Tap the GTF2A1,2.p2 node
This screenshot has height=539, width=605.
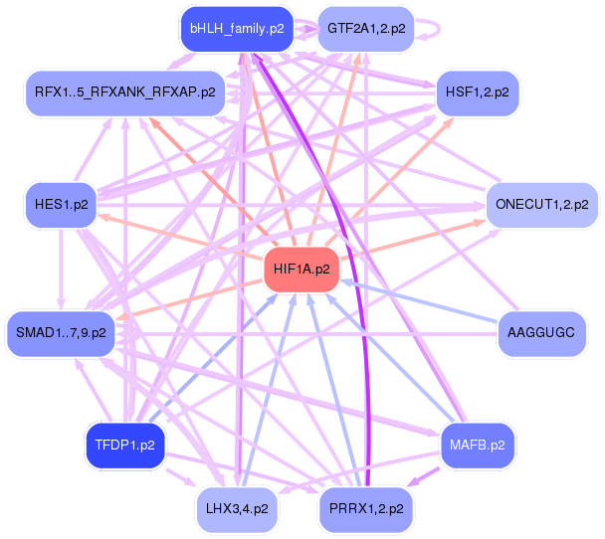coord(366,29)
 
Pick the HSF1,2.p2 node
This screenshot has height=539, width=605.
coord(478,91)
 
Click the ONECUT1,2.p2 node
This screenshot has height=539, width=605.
coord(540,205)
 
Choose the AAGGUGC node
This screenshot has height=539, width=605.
coord(540,331)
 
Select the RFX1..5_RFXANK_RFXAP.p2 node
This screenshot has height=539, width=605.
coord(125,92)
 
